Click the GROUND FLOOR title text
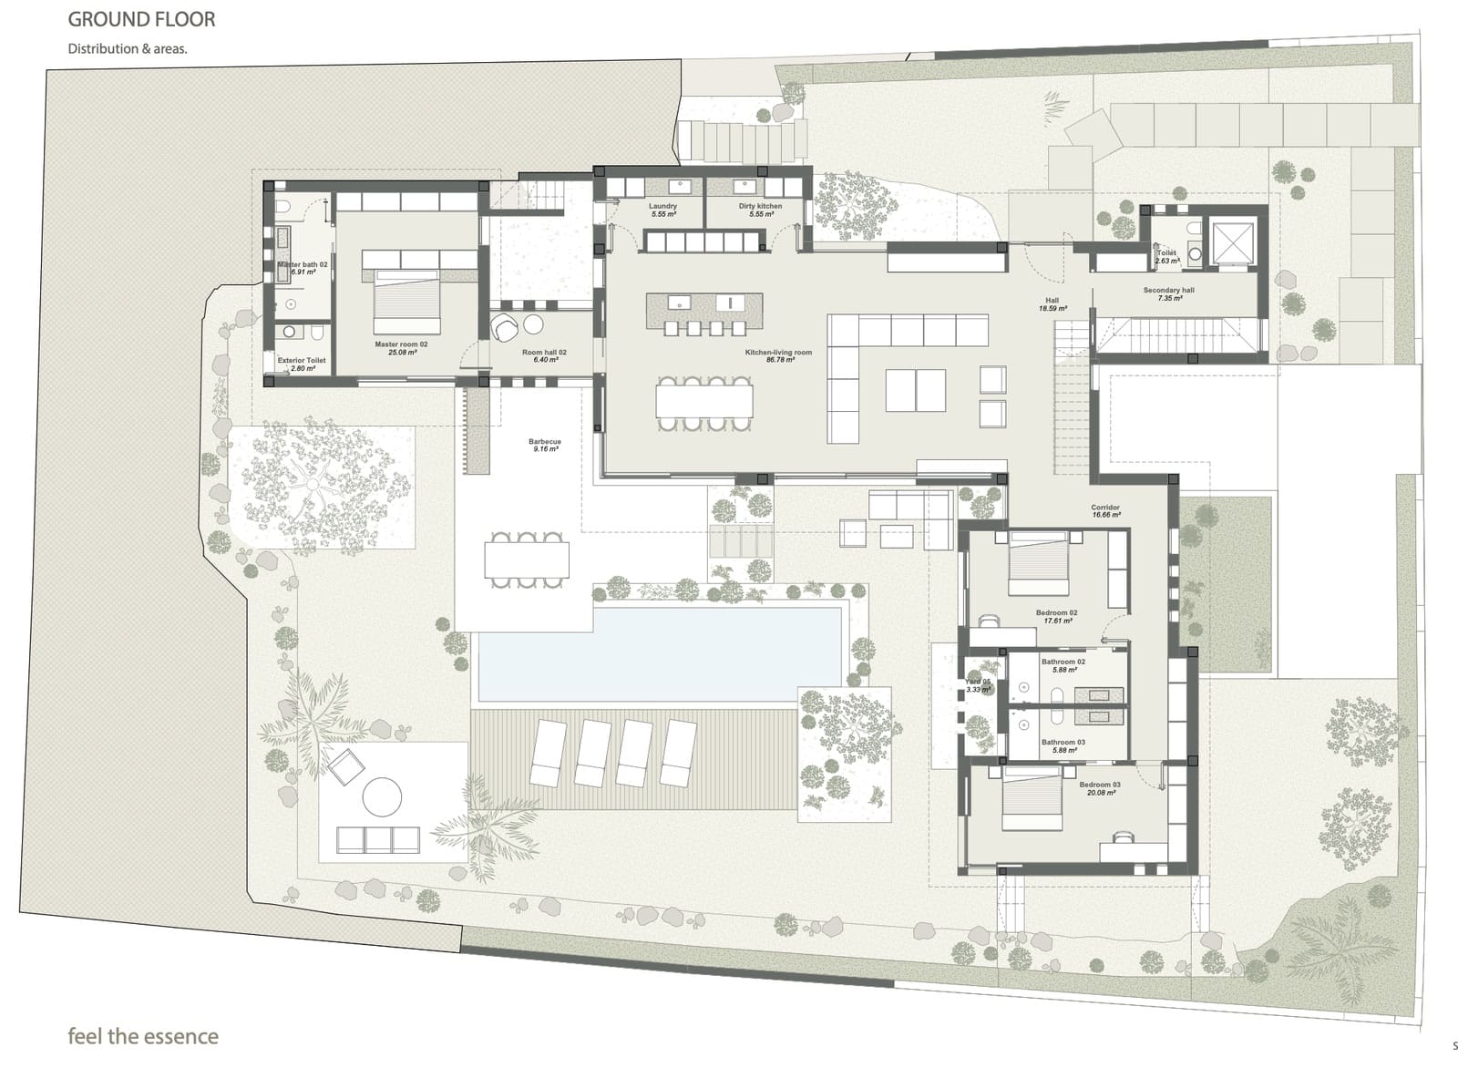(141, 19)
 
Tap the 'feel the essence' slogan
(143, 1036)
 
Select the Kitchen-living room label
(778, 355)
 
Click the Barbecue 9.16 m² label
(545, 445)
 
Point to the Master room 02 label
(401, 347)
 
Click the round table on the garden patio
(382, 796)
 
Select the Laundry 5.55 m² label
(662, 210)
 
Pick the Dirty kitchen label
(760, 210)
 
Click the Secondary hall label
(1168, 293)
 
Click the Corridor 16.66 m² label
(1105, 510)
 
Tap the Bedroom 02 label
(1057, 616)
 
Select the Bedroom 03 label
(1100, 788)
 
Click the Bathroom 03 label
(1063, 745)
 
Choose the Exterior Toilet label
(302, 364)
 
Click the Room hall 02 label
(544, 355)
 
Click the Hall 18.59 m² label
(1052, 304)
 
